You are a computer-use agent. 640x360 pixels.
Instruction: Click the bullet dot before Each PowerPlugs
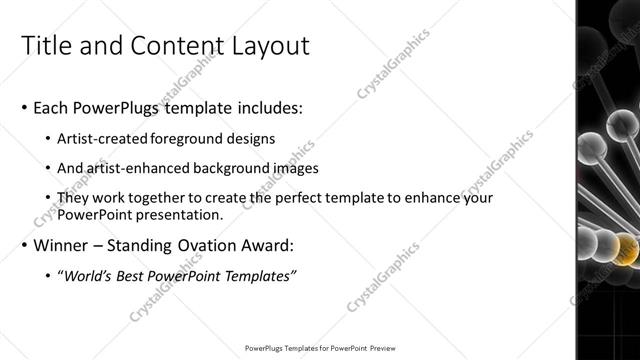click(24, 108)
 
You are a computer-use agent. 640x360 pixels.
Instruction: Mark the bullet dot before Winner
click(24, 245)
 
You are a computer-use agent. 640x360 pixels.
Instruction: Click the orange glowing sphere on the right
click(624, 247)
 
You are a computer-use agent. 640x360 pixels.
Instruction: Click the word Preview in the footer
click(386, 349)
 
